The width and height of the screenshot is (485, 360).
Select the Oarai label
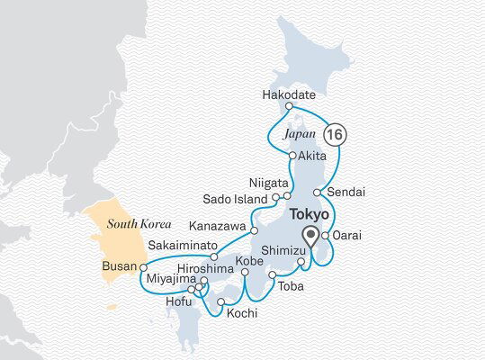coord(347,235)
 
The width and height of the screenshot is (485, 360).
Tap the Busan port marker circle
coord(143,267)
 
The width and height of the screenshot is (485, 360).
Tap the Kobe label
coord(247,262)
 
